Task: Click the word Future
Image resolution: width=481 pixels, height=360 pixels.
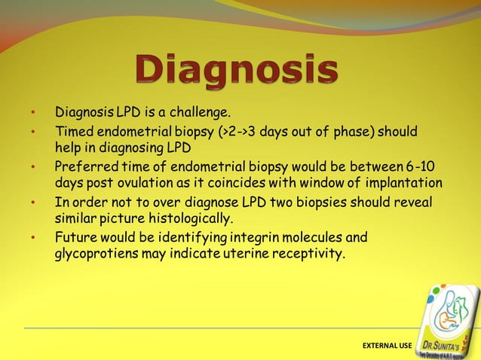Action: coord(75,238)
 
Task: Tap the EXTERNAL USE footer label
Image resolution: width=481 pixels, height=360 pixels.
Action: coord(388,345)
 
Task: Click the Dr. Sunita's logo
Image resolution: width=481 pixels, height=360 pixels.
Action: coord(451,320)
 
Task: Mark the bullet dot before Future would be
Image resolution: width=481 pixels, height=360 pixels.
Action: coord(33,239)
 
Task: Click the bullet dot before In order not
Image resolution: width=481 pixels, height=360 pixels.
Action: coord(33,203)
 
